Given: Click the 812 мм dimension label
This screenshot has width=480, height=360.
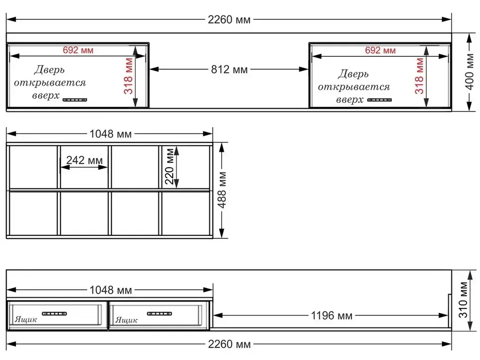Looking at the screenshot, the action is click(229, 69).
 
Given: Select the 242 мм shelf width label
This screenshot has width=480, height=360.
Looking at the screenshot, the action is click(85, 160).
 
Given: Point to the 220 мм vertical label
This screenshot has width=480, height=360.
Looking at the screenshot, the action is click(169, 166).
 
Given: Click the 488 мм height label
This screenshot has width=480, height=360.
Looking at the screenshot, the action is click(222, 190).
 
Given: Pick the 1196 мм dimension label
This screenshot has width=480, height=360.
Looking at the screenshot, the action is click(332, 315).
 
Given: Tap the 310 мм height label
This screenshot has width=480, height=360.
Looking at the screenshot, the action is click(463, 300).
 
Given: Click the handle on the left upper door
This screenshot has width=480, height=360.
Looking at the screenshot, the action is click(75, 100).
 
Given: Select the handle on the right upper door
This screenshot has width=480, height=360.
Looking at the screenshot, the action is click(379, 100).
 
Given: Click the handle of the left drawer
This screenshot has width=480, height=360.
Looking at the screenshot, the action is click(54, 314).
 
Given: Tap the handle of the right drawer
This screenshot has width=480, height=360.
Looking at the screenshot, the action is click(159, 314).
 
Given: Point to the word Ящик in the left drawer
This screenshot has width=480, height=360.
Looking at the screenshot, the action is click(26, 320).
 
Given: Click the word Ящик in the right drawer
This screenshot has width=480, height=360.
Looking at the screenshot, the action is click(126, 320).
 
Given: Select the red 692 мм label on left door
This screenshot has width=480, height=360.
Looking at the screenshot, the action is click(78, 50).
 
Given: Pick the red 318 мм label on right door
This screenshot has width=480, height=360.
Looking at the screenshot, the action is click(419, 76).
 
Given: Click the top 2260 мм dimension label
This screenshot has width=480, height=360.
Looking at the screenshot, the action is click(229, 20).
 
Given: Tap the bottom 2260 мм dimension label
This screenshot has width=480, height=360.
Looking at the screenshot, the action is click(229, 344).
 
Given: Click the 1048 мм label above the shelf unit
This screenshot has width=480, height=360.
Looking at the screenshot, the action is click(110, 134).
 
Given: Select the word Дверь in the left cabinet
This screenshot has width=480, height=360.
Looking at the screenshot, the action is click(49, 70).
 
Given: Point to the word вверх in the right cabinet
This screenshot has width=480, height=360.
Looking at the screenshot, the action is click(349, 100).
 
